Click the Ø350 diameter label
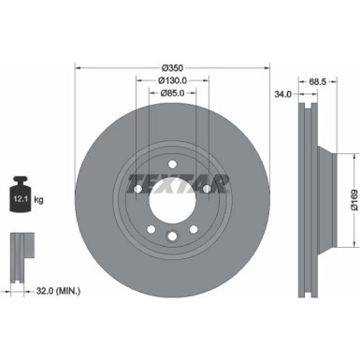point(171,67)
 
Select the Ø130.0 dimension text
point(171,80)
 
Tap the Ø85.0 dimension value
point(171,93)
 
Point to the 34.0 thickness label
point(281,94)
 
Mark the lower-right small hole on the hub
point(193,228)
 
